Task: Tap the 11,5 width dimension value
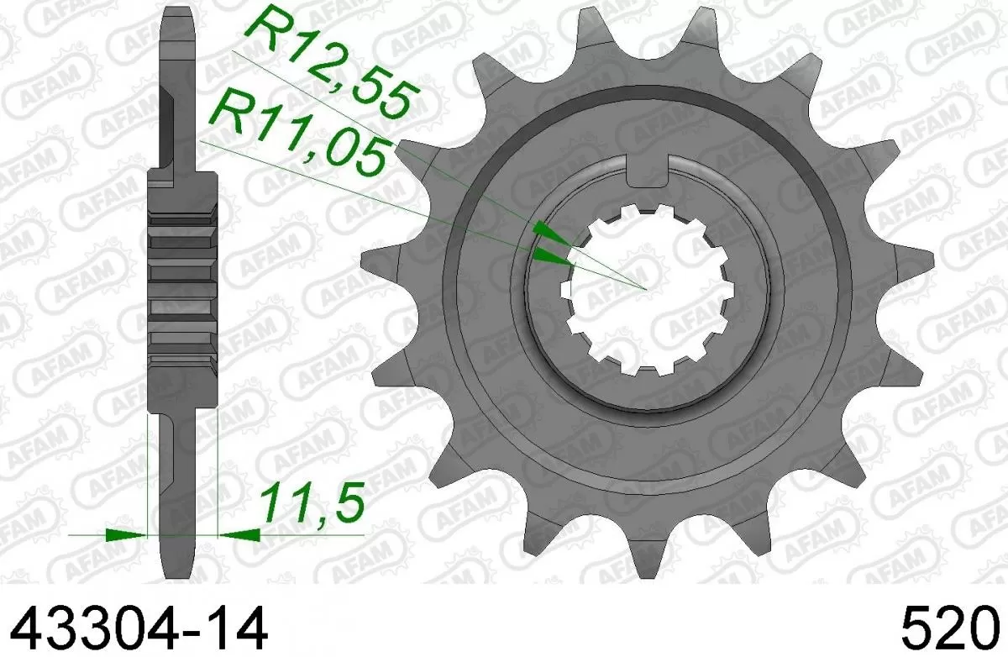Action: (312, 504)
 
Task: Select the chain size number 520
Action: (953, 628)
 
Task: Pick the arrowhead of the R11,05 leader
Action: (552, 257)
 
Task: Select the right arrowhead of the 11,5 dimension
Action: (237, 533)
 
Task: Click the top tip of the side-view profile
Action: (178, 12)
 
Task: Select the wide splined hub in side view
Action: (182, 290)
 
